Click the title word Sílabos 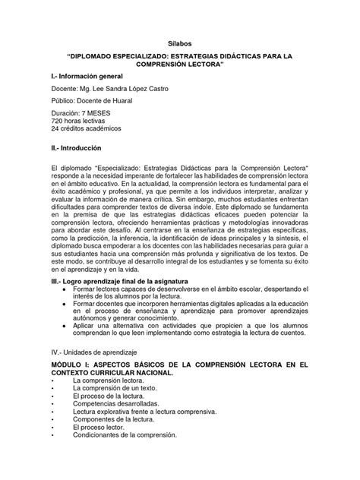(179, 44)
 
